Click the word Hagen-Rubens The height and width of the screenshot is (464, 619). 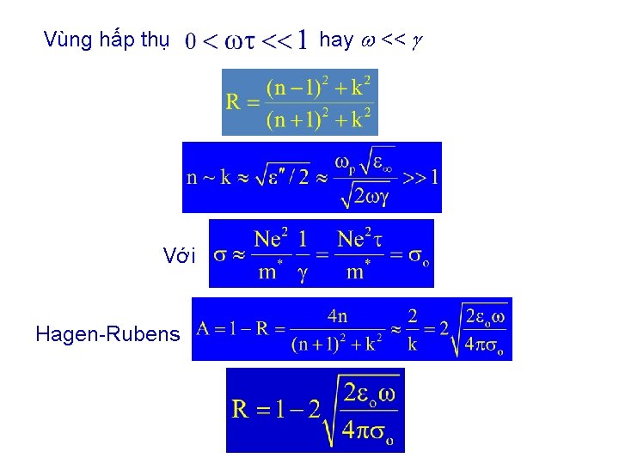(107, 334)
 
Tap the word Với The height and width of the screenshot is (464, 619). (179, 255)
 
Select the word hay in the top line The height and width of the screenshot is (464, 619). (335, 40)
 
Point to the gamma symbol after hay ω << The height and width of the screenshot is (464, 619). (417, 41)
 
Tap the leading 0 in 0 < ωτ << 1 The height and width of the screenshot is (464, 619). (191, 40)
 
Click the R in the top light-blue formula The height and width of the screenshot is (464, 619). (233, 103)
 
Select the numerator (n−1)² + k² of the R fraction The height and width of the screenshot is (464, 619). (318, 87)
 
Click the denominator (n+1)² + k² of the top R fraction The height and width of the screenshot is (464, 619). (318, 119)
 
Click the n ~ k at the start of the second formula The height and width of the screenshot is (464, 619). (208, 178)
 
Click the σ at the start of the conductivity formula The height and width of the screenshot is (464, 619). (220, 256)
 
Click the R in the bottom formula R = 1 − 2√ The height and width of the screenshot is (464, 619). (241, 408)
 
